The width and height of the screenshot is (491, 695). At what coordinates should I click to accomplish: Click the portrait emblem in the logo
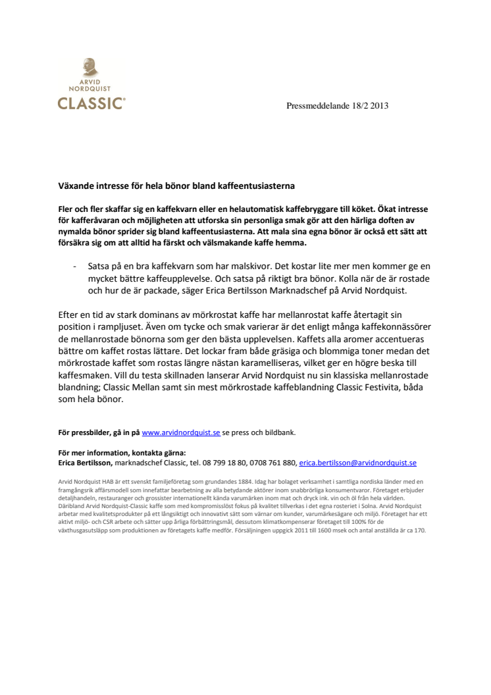(90, 67)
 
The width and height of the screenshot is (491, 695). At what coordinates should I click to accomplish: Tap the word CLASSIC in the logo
(91, 103)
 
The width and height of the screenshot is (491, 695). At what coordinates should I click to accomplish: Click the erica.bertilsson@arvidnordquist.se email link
(357, 463)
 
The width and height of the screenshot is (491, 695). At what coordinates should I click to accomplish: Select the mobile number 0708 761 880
(276, 463)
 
